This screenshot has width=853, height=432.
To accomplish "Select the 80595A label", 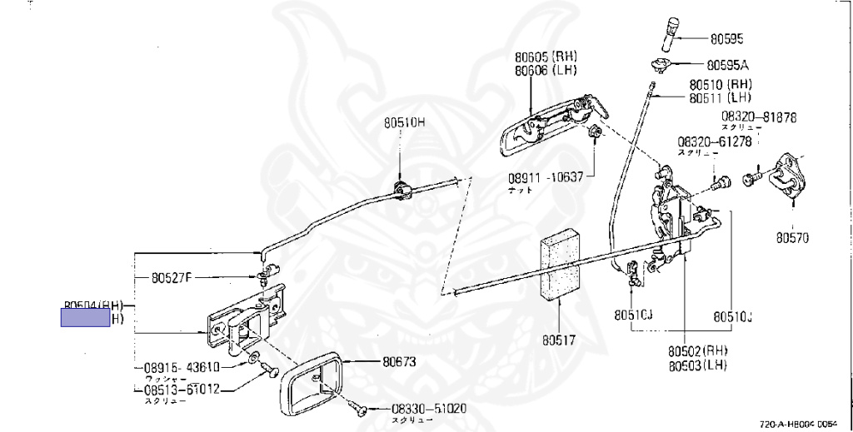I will click(x=728, y=64).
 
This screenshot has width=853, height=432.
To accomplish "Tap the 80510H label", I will click(x=404, y=122).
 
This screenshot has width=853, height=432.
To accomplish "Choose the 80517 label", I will click(x=559, y=340).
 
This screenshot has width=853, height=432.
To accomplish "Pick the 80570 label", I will click(x=792, y=236).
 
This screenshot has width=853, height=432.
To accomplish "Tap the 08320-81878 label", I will click(x=759, y=117).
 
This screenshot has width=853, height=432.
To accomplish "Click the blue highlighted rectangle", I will click(x=86, y=317).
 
